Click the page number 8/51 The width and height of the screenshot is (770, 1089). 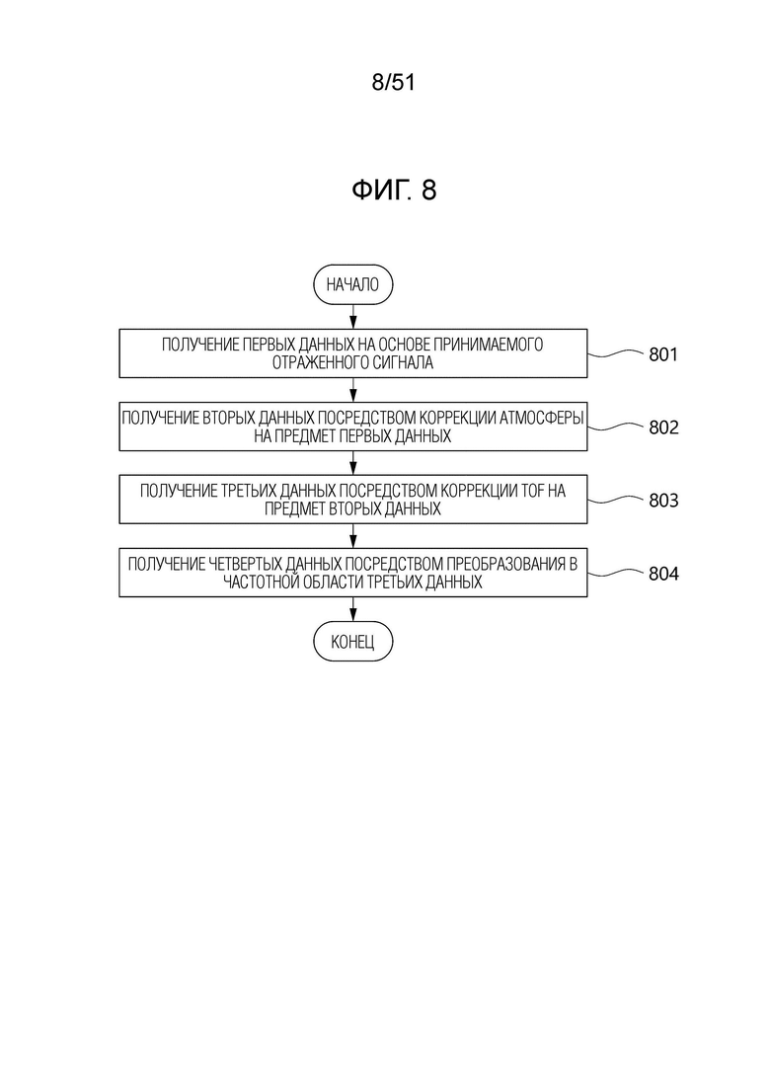(x=393, y=83)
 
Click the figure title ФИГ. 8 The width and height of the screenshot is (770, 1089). (x=394, y=190)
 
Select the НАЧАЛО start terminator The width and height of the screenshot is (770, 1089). (x=352, y=284)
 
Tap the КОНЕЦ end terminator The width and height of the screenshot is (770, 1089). (x=352, y=641)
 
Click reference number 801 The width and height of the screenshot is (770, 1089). (x=663, y=354)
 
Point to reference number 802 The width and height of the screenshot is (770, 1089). (x=663, y=428)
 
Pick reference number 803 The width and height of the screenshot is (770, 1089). (x=663, y=500)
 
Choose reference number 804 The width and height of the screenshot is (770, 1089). (x=663, y=574)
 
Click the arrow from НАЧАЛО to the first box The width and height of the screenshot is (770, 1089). (x=352, y=317)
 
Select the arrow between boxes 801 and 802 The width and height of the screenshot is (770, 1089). (x=352, y=390)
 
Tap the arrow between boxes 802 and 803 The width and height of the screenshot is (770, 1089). (x=352, y=462)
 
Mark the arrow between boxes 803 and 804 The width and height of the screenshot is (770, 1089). (x=352, y=536)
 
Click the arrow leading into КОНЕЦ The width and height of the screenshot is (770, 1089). (x=352, y=609)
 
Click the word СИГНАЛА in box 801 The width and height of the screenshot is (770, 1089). (x=405, y=362)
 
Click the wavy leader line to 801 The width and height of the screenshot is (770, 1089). (x=615, y=354)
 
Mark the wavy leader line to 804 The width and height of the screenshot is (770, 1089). (x=615, y=573)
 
